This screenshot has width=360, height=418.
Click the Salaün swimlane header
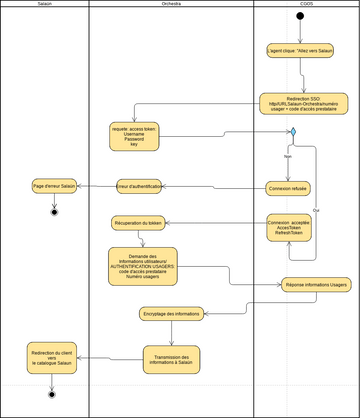[45, 5]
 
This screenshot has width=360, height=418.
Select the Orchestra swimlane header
[171, 5]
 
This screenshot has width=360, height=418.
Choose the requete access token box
[134, 136]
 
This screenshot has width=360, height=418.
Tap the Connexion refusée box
[289, 187]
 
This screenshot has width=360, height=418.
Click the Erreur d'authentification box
[139, 186]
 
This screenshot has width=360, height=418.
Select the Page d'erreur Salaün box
[54, 186]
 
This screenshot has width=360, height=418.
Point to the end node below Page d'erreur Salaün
[54, 212]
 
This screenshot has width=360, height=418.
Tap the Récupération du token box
[138, 223]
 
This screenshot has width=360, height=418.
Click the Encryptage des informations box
[171, 314]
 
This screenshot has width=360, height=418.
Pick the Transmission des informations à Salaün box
[171, 357]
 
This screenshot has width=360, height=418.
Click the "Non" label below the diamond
[287, 157]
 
